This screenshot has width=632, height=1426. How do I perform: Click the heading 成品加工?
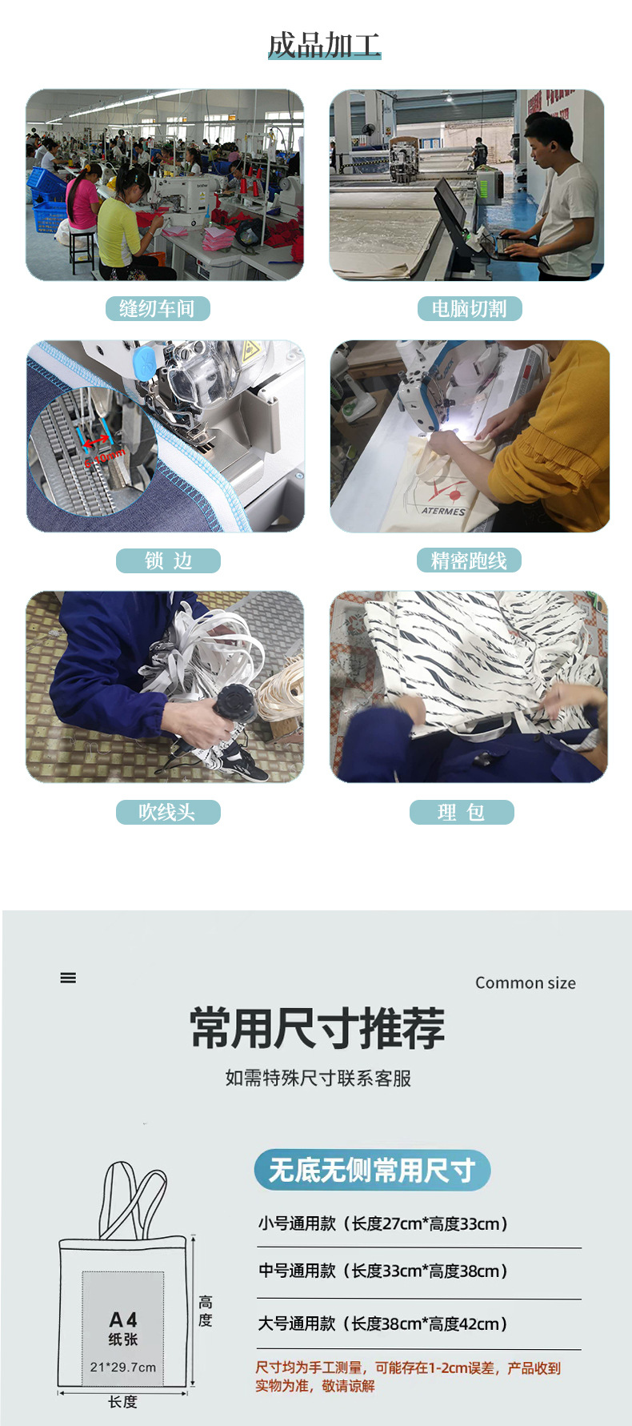tap(324, 46)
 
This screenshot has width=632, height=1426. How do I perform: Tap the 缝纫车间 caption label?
tap(158, 308)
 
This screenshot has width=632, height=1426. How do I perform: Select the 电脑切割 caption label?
tap(470, 308)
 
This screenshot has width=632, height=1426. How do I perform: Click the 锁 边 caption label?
tap(168, 560)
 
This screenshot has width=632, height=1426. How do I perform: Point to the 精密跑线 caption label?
tap(469, 560)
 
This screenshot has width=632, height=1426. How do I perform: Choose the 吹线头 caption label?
tap(168, 812)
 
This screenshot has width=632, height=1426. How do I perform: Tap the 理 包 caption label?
tap(462, 812)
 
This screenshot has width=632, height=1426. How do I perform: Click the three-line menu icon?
tap(68, 978)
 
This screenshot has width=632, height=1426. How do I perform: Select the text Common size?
tap(526, 982)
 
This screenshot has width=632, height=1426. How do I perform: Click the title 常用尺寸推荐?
tap(318, 1028)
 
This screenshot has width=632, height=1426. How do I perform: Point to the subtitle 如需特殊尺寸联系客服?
tap(318, 1078)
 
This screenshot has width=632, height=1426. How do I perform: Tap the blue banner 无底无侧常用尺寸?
tap(372, 1170)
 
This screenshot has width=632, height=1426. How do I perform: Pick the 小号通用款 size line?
tap(382, 1223)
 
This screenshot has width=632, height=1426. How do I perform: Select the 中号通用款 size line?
tap(382, 1271)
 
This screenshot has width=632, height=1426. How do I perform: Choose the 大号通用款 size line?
tap(382, 1324)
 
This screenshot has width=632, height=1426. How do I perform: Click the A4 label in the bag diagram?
tap(123, 1320)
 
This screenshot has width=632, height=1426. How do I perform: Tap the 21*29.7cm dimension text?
tap(123, 1367)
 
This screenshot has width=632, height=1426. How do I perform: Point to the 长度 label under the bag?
tap(123, 1401)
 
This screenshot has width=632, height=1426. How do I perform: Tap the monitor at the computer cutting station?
tap(450, 204)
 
